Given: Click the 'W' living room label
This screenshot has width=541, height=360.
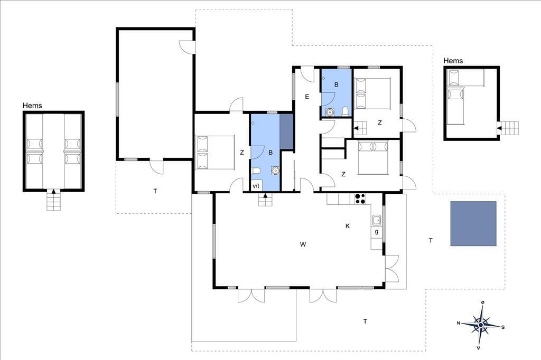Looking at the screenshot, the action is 303,244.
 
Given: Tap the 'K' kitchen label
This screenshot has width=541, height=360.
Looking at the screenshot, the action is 348,226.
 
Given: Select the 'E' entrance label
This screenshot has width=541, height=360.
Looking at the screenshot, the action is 307,97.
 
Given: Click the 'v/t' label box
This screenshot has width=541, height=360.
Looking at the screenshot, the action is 256,186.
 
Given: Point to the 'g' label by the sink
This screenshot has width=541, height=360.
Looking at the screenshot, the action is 376,232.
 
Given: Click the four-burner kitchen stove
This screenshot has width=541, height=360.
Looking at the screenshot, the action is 360,198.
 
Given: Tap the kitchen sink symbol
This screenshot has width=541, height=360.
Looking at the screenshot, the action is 376,220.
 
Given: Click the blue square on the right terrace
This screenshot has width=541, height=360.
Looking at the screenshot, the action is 473,223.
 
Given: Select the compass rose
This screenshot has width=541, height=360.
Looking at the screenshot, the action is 481,325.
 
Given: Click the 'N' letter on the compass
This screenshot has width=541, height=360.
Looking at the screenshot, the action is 459,323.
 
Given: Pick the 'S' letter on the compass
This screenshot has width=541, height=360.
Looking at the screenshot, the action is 503,327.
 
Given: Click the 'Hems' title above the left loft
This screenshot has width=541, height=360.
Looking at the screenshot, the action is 32,106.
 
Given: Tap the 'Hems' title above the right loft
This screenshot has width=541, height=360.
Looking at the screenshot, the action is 453,61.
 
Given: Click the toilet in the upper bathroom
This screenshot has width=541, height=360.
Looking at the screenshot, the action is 345,111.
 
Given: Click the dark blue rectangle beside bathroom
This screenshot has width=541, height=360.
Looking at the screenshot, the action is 286,131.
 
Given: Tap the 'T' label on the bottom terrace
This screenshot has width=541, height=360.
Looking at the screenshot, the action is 365,321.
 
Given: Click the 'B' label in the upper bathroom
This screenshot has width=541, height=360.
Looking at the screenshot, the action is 337,84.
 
